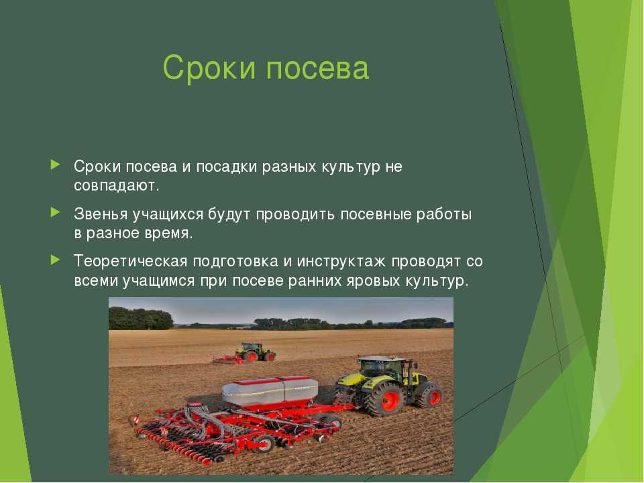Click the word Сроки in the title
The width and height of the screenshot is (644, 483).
(209, 68)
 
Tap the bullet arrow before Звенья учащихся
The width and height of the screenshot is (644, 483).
(55, 213)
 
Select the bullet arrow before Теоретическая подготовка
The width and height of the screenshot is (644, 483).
(55, 260)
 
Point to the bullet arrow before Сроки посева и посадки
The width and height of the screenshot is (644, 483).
(55, 165)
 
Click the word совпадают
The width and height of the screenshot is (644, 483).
(116, 186)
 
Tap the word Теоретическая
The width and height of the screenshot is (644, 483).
(131, 262)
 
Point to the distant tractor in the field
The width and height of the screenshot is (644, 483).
(255, 352)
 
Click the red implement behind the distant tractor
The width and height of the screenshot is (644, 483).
(228, 360)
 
